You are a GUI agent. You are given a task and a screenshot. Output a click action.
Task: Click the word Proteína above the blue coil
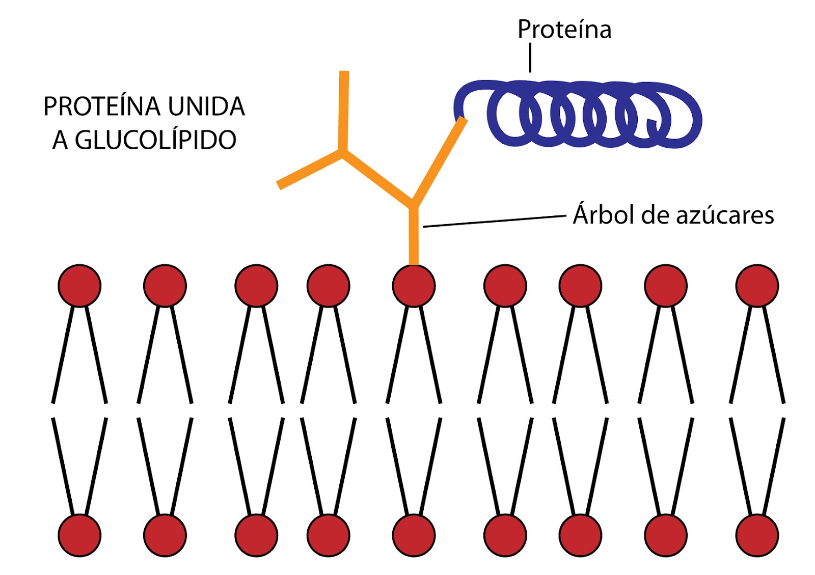[564, 30]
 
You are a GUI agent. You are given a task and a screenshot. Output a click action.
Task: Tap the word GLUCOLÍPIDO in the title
[155, 140]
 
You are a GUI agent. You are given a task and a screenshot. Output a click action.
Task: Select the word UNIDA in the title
[206, 107]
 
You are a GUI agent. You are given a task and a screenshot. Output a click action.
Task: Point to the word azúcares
[725, 216]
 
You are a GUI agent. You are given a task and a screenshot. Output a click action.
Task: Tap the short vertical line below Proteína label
[530, 58]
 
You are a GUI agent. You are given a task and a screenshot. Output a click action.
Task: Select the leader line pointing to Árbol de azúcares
[494, 221]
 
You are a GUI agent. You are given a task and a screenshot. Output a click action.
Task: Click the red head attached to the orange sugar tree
[414, 286]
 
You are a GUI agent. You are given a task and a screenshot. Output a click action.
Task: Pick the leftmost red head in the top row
[79, 286]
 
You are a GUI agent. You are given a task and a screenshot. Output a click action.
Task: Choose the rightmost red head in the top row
[757, 286]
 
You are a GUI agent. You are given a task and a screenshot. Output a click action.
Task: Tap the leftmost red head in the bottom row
[79, 535]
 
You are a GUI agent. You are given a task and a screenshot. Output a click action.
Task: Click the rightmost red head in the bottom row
[757, 535]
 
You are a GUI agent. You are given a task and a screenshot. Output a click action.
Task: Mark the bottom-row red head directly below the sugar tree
[414, 535]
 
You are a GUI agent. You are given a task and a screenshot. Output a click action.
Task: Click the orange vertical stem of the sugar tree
[414, 237]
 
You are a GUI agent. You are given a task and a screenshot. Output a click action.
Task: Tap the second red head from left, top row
[165, 286]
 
